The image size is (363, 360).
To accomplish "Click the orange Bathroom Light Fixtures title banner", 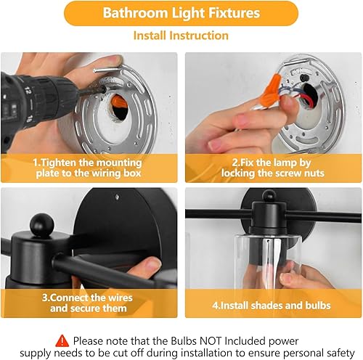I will coord(181,13).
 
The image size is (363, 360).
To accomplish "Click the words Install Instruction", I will coord(181,36).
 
